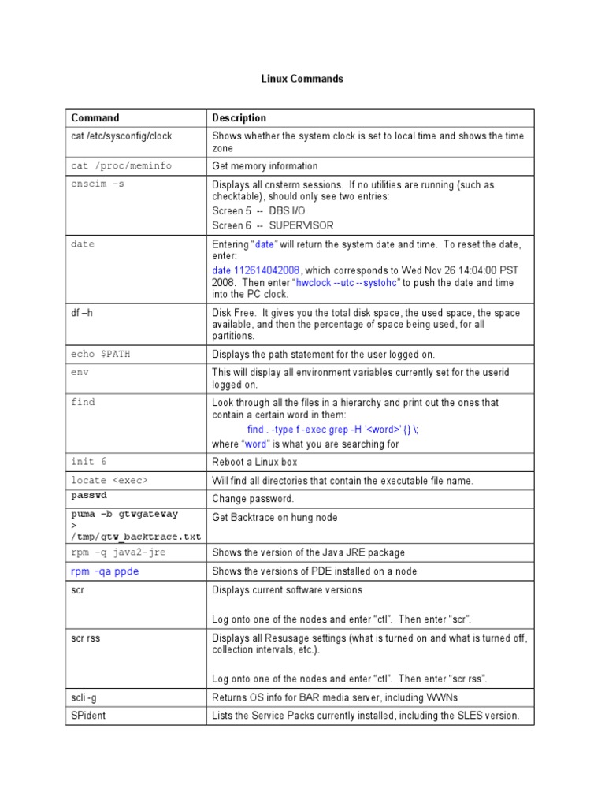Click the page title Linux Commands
tap(302, 79)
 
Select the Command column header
tap(95, 118)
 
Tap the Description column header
tap(239, 118)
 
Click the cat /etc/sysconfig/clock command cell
tap(121, 136)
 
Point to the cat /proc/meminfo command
tap(121, 166)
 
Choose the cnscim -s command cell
tap(98, 184)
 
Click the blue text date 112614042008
tap(256, 270)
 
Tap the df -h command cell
tap(82, 313)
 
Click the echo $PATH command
tap(101, 355)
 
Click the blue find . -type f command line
tap(334, 430)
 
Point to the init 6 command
tap(88, 462)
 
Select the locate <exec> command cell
tap(109, 480)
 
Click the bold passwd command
tap(89, 496)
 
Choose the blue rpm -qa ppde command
tap(105, 571)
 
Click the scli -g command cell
tap(84, 697)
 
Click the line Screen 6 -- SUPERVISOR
tap(273, 225)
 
